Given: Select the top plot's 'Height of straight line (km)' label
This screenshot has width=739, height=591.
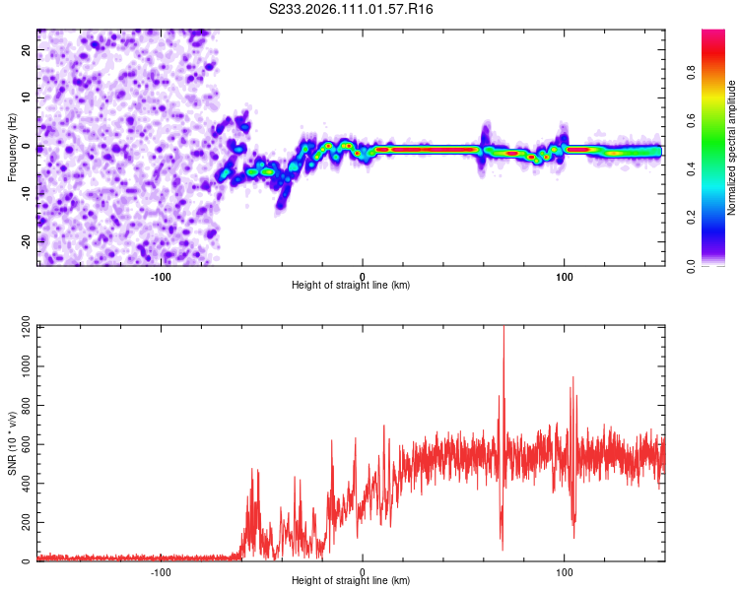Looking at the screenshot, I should (351, 286).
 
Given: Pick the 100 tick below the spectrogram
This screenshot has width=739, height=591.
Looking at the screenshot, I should (565, 276).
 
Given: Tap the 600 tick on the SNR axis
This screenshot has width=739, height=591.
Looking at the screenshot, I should (23, 444).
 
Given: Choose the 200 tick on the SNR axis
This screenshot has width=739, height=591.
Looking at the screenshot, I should (23, 523).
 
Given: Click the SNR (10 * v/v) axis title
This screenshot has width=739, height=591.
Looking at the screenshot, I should (12, 444).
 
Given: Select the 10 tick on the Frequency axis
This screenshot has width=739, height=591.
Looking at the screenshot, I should (28, 98).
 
